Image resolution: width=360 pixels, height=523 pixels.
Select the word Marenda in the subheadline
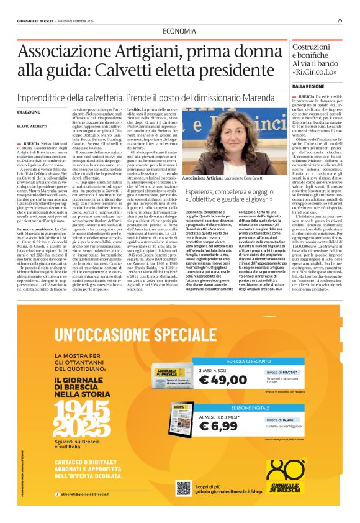(264, 91)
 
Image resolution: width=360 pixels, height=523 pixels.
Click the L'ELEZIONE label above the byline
(28, 111)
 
